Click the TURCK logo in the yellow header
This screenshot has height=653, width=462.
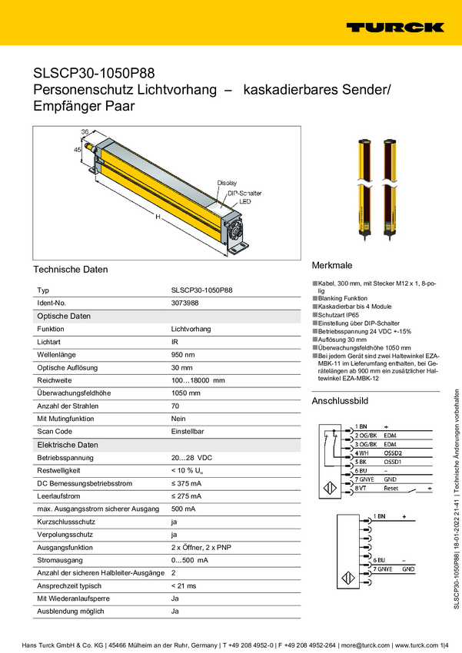pos(394,27)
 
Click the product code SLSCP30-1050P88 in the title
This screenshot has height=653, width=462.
pos(94,74)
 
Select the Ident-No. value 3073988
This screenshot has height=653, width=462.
pos(185,303)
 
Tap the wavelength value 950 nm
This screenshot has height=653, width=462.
pos(183,354)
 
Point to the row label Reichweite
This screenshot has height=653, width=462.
pos(55,380)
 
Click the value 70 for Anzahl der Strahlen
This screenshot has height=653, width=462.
pos(175,405)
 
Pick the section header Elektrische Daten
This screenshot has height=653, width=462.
pos(68,445)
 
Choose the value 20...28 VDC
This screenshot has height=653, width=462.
pos(191,457)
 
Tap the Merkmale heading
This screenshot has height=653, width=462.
pos(331,265)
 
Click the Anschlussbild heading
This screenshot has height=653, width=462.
pos(340,401)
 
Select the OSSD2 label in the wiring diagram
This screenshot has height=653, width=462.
pos(394,453)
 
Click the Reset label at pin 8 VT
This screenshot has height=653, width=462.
pos(391,489)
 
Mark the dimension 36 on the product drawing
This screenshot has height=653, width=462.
pos(85,133)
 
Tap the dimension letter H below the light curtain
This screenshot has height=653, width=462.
pos(157,217)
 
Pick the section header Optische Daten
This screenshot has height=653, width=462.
pos(65,316)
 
